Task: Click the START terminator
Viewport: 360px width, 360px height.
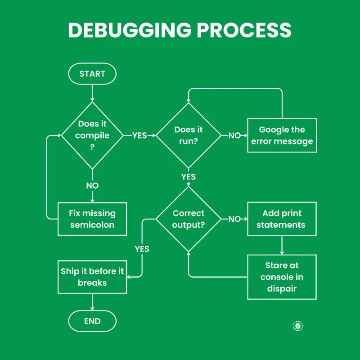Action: pyautogui.click(x=92, y=74)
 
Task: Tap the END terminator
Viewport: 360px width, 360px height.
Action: pyautogui.click(x=92, y=321)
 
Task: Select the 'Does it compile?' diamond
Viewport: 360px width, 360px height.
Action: pyautogui.click(x=92, y=135)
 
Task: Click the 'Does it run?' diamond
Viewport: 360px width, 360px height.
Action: pyautogui.click(x=189, y=135)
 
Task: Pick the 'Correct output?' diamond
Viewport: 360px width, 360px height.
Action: pyautogui.click(x=189, y=219)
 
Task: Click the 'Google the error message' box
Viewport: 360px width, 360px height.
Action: pyautogui.click(x=282, y=135)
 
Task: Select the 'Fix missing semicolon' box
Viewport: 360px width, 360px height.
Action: pyautogui.click(x=92, y=219)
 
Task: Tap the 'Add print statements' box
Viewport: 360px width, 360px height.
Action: pyautogui.click(x=282, y=219)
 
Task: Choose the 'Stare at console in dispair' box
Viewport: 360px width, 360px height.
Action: pyautogui.click(x=282, y=277)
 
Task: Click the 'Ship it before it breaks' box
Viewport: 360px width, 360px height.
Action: pyautogui.click(x=92, y=277)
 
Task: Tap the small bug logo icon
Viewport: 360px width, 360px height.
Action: pyautogui.click(x=298, y=326)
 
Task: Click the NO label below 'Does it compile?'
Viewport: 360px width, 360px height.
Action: pyautogui.click(x=92, y=185)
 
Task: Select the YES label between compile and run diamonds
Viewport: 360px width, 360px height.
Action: pyautogui.click(x=139, y=135)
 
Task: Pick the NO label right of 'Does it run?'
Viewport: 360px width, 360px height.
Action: pyautogui.click(x=234, y=135)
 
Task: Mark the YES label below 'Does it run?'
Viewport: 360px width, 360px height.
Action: pyautogui.click(x=189, y=177)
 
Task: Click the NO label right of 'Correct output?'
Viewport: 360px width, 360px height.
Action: pyautogui.click(x=234, y=219)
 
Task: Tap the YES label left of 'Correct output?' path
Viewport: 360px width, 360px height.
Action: pyautogui.click(x=142, y=249)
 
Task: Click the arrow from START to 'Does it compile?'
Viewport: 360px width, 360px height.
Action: pyautogui.click(x=92, y=92)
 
